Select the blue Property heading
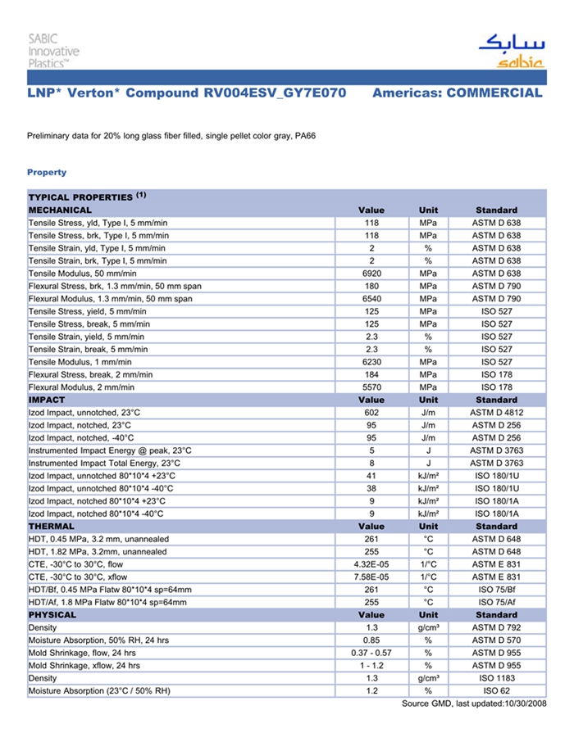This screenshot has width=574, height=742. (47, 172)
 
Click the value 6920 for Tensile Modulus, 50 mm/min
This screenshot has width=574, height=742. (371, 273)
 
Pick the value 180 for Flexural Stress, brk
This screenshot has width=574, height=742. (371, 286)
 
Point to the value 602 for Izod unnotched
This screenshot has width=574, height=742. (371, 413)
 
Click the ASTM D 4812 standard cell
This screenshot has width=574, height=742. (496, 413)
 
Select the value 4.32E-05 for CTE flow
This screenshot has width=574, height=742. (371, 564)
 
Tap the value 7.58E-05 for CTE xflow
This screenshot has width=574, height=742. (371, 577)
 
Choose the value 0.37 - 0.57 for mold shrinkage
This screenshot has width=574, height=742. (371, 653)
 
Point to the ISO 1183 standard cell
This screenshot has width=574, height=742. (496, 678)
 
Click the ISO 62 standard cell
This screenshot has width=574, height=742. (496, 691)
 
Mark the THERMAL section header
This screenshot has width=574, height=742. (52, 527)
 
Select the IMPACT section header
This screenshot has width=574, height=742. (47, 400)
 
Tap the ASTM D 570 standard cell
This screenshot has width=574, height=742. (496, 640)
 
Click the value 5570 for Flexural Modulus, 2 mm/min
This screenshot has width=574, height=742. (371, 387)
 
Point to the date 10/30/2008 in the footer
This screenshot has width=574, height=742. (523, 704)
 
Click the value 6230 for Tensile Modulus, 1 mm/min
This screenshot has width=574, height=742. (371, 362)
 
